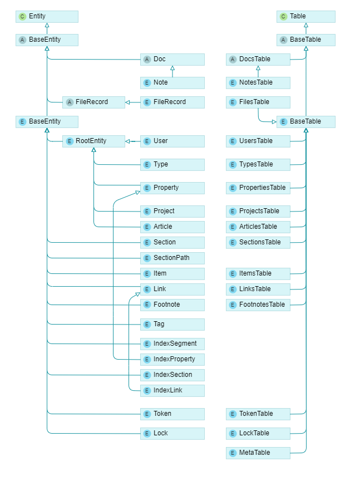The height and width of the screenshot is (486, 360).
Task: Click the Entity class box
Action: point(47,17)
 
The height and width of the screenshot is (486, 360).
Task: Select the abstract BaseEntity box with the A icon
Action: point(47,40)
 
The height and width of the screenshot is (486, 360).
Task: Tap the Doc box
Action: point(172,60)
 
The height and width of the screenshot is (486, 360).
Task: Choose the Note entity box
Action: point(172,83)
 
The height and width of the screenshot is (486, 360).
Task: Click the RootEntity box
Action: point(93,141)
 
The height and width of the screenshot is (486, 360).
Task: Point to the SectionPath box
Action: point(172,258)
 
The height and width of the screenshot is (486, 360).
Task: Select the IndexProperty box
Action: point(172,360)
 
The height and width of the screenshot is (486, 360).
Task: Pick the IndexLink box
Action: point(172,391)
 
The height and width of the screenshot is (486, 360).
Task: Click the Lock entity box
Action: point(172,434)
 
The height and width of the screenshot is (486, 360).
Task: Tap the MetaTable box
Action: point(258,453)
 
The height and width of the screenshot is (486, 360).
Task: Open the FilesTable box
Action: point(258,102)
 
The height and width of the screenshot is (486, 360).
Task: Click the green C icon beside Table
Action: point(283,17)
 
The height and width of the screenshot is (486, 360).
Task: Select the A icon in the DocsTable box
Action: point(233,60)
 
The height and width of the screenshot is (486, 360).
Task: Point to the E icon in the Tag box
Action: point(147,325)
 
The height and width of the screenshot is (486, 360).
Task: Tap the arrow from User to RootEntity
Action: point(132,141)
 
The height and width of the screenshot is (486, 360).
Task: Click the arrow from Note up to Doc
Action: point(172,71)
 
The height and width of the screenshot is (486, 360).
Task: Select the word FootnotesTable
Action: point(262,305)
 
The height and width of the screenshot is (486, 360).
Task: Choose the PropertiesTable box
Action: point(258,188)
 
